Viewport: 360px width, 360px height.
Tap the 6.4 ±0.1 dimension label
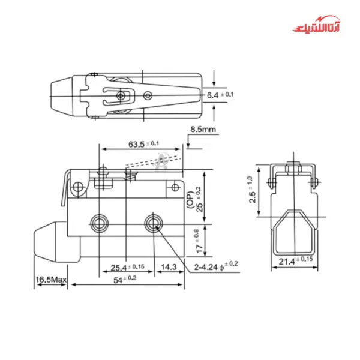tap(220, 95)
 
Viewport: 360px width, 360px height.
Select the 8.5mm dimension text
tap(203, 130)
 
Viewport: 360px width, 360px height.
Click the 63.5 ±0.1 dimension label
tap(143, 143)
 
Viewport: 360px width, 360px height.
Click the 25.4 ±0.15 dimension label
tap(127, 268)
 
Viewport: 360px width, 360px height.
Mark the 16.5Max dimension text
tap(50, 280)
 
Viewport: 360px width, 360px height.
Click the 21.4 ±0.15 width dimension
tap(296, 260)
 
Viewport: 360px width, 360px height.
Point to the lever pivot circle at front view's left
tap(77, 189)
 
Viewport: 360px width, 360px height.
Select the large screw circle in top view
tap(122, 96)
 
